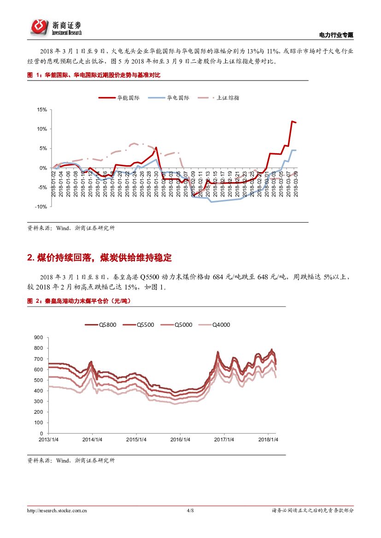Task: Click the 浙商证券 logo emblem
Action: point(40,27)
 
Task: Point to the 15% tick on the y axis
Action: point(42,110)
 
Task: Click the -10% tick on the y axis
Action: point(41,207)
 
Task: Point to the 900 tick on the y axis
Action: point(39,338)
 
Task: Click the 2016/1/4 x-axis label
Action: point(180,440)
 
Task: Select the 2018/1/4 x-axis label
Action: point(268,440)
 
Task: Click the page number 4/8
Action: point(190,510)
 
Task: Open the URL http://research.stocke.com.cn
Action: point(58,510)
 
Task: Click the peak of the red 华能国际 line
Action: point(292,121)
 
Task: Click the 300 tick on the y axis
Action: point(39,401)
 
